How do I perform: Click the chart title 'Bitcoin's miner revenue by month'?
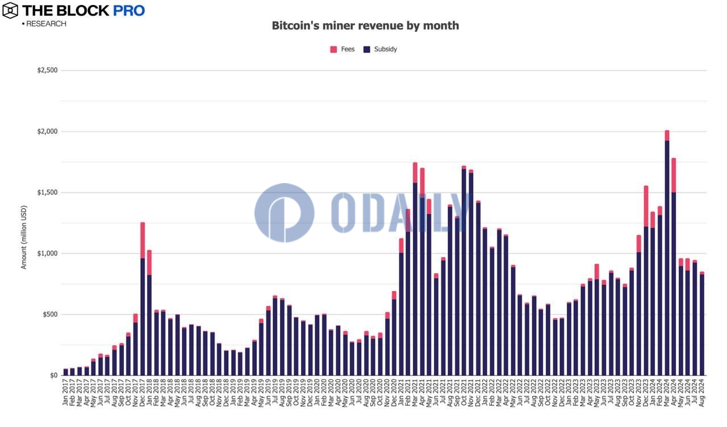point(365,26)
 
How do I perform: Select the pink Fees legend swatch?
point(333,49)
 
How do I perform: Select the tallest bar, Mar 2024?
point(667,256)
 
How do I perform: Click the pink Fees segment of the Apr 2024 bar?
point(674,175)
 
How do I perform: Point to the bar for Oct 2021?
point(464,273)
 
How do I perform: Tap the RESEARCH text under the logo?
point(45,24)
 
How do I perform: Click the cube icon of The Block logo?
point(10,10)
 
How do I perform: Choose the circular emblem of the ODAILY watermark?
point(284,213)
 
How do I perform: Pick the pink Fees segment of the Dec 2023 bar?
point(646,206)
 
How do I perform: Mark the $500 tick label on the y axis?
point(48,314)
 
